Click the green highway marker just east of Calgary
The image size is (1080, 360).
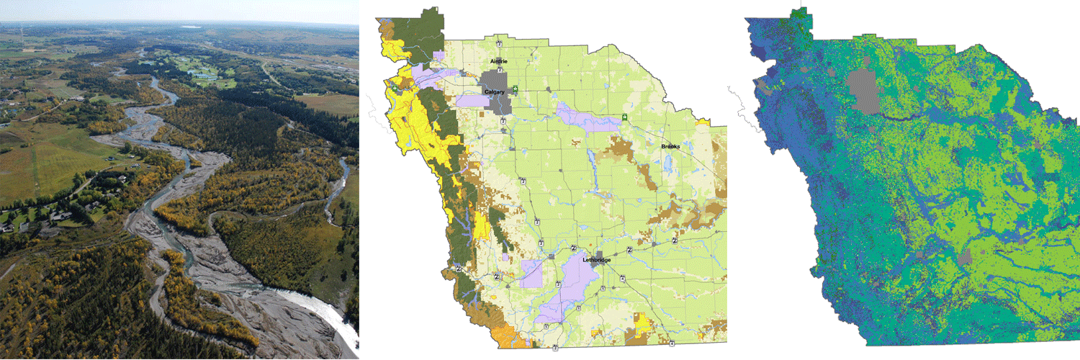(x=516, y=89)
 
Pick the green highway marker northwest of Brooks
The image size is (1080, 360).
(x=624, y=117)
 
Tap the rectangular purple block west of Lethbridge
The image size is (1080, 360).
(x=531, y=274)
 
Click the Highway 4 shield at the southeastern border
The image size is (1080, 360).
(x=671, y=343)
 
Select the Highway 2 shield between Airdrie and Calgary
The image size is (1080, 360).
(x=500, y=70)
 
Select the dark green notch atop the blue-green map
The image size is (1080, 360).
(x=801, y=16)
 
